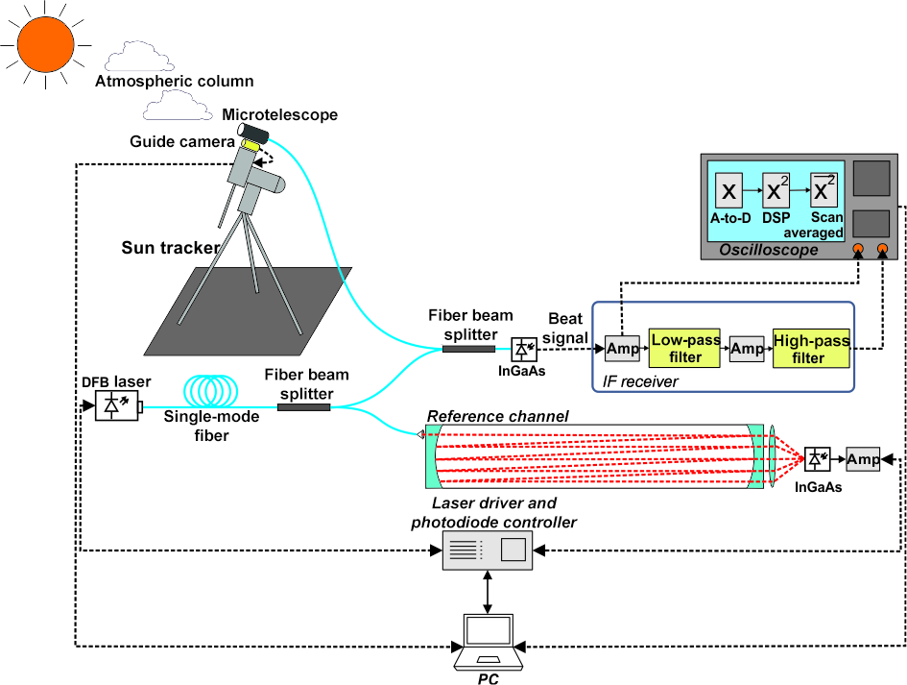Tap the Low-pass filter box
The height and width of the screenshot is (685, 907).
pyautogui.click(x=675, y=349)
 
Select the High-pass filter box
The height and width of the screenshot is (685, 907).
pyautogui.click(x=810, y=349)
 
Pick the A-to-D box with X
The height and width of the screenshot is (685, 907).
pyautogui.click(x=729, y=192)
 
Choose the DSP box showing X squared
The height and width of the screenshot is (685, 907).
pyautogui.click(x=776, y=192)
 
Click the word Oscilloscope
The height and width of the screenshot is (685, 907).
pyautogui.click(x=769, y=251)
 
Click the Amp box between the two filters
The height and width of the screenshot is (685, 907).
pyautogui.click(x=747, y=349)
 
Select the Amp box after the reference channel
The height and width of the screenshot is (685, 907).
pyautogui.click(x=863, y=459)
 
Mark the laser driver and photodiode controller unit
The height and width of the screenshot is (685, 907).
pyautogui.click(x=488, y=550)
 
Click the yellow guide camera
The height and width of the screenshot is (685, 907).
pyautogui.click(x=251, y=144)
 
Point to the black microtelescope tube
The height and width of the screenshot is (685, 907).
pyautogui.click(x=256, y=129)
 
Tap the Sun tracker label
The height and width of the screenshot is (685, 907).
pyautogui.click(x=170, y=249)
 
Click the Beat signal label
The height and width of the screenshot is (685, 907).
pyautogui.click(x=567, y=328)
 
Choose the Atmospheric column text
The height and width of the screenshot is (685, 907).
pyautogui.click(x=174, y=81)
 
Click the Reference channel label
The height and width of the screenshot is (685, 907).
pyautogui.click(x=499, y=416)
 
